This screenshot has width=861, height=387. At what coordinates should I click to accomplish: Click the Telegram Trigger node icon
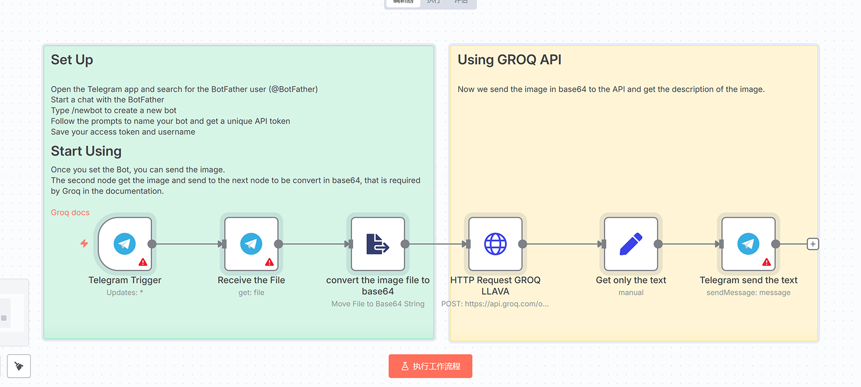(x=125, y=244)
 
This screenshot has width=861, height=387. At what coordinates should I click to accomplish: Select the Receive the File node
(x=251, y=244)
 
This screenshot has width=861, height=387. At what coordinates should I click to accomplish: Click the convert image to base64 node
(x=378, y=244)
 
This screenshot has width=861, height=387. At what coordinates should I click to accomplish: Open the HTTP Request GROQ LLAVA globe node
(x=495, y=244)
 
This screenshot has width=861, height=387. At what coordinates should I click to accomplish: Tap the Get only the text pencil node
(x=631, y=244)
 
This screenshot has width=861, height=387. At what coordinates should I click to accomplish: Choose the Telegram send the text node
(x=748, y=244)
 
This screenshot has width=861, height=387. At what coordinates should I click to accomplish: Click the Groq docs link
(x=70, y=212)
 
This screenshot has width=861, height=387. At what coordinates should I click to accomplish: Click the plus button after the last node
(x=813, y=244)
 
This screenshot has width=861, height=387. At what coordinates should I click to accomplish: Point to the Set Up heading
(x=72, y=60)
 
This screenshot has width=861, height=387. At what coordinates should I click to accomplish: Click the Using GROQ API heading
(x=509, y=60)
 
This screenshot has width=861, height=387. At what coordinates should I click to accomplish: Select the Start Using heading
(x=86, y=151)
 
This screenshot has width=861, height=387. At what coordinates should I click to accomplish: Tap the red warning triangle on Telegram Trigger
(x=143, y=262)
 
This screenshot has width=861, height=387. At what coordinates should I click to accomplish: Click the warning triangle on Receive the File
(x=270, y=262)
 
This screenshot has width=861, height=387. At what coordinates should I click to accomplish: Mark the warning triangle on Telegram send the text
(x=767, y=262)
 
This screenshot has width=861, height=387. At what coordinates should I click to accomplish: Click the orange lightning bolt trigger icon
(x=84, y=244)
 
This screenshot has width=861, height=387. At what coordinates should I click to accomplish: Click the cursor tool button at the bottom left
(x=19, y=366)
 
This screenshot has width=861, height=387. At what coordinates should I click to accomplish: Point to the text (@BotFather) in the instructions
(x=293, y=89)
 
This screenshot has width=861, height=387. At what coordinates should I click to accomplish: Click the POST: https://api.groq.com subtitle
(x=495, y=304)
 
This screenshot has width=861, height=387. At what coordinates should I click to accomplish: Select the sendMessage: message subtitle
(x=748, y=292)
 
